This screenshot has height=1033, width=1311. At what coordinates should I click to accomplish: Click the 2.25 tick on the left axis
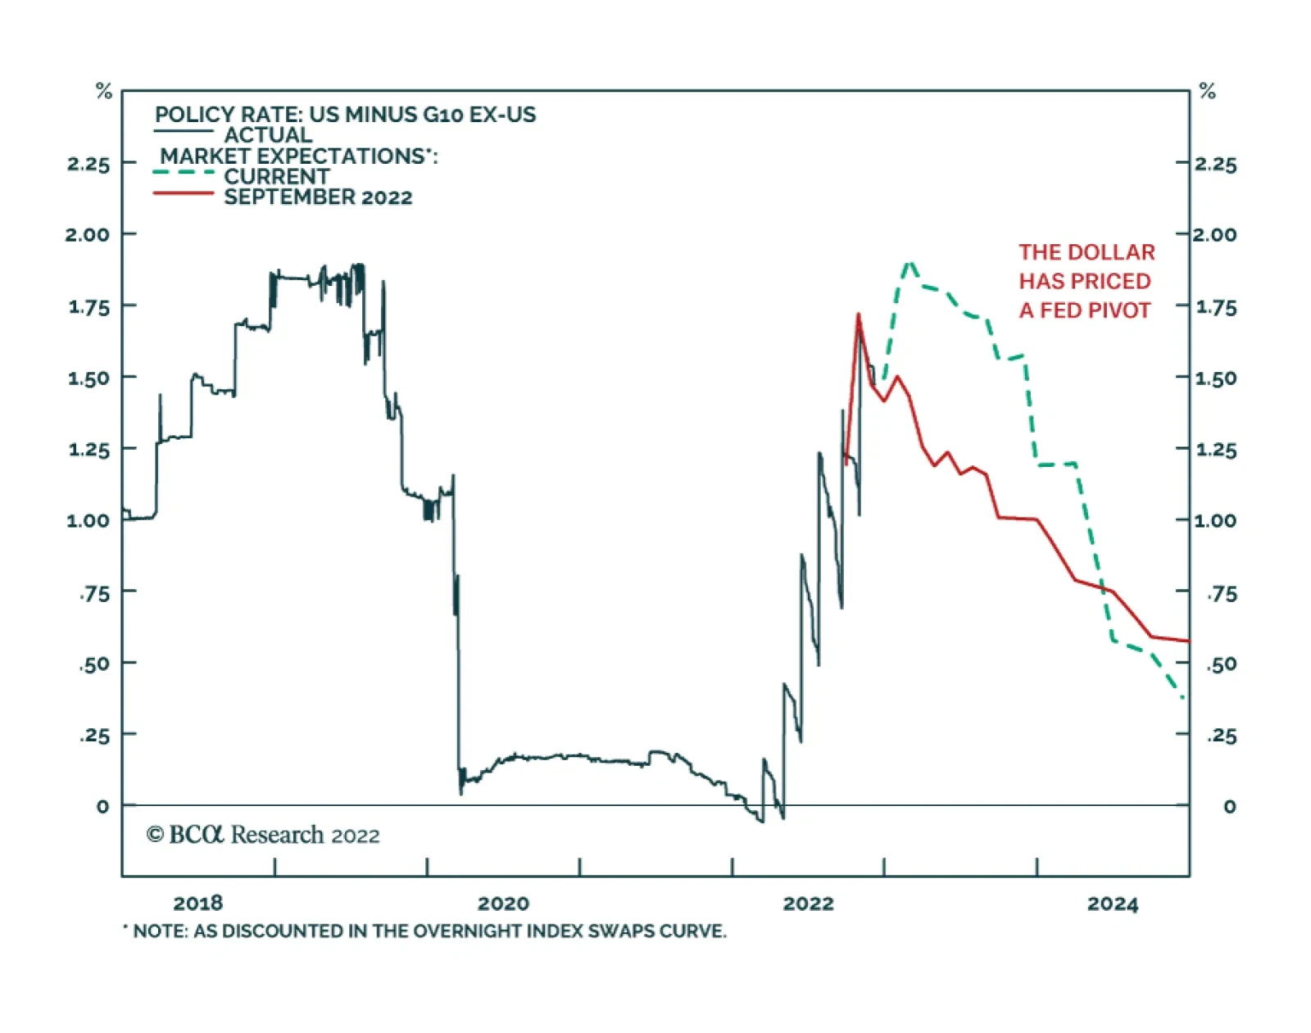click(88, 164)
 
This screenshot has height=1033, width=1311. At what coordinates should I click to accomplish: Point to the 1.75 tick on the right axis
click(1216, 307)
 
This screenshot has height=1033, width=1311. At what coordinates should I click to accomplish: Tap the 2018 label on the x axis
click(197, 903)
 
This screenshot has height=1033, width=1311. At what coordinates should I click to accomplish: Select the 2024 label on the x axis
click(1112, 904)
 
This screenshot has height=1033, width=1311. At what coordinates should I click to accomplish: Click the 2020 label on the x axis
click(503, 903)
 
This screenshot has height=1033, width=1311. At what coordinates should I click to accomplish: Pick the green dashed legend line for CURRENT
click(184, 173)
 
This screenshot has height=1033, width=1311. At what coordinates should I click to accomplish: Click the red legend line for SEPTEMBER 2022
click(184, 193)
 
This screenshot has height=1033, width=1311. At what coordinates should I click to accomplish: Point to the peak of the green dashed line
click(909, 263)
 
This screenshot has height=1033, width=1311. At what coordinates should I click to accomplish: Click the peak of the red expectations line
click(858, 315)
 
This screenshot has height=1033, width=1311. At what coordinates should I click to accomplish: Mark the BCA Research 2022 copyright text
click(263, 835)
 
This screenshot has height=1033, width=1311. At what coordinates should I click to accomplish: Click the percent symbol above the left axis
click(103, 91)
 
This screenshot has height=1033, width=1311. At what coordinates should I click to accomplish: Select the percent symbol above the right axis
click(1207, 91)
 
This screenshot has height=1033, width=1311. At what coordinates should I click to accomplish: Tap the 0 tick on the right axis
click(1228, 806)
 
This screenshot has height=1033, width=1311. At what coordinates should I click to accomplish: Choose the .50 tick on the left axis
click(95, 664)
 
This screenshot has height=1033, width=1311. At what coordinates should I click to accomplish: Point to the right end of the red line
click(1187, 641)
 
